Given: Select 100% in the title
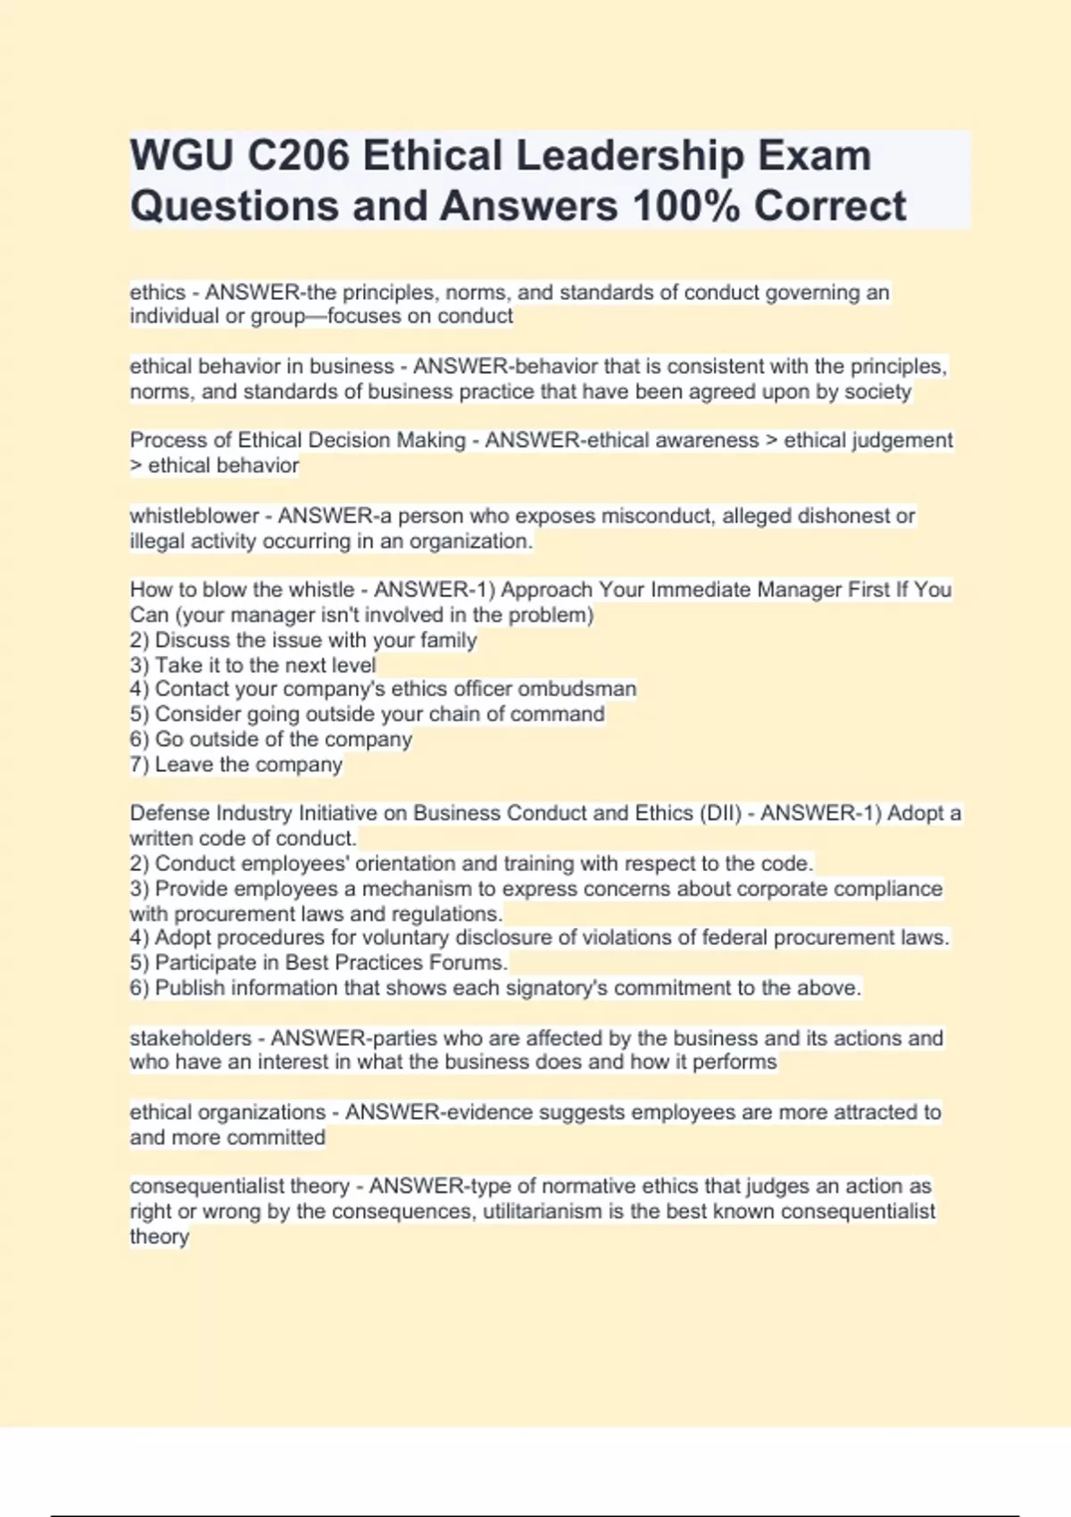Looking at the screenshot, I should point(685,205).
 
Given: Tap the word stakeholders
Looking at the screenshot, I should point(190,1038).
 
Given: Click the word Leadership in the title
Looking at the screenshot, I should point(630,155).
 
